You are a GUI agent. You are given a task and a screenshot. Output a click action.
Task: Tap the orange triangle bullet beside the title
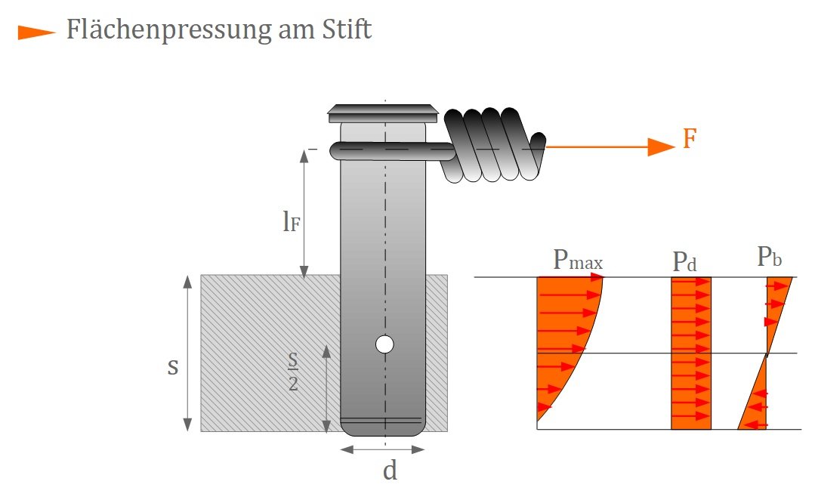pos(36,32)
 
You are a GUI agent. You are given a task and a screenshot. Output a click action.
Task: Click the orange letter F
pos(689,140)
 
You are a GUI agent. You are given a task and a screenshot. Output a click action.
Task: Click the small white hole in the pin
pos(384,345)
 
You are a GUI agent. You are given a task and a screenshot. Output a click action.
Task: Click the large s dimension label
pos(173,367)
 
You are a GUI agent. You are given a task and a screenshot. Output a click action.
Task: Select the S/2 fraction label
pos(293,372)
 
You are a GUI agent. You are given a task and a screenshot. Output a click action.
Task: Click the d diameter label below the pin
pos(390,471)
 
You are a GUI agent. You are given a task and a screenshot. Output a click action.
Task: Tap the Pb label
pos(769,257)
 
